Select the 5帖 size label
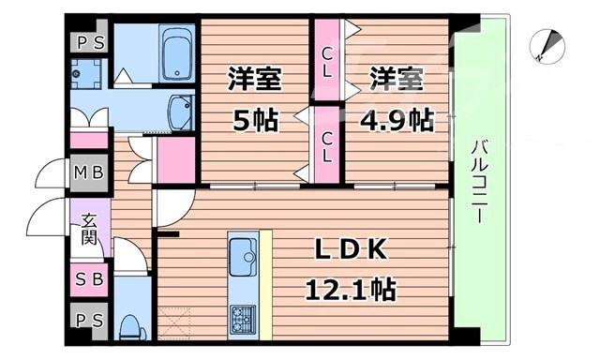tap(253, 120)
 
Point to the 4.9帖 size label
tap(397, 120)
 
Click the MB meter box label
tap(91, 173)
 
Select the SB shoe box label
tap(90, 278)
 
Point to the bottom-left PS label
tap(90, 321)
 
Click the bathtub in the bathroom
tap(174, 54)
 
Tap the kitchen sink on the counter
tap(244, 254)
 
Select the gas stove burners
tap(244, 318)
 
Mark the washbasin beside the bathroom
tap(177, 112)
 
